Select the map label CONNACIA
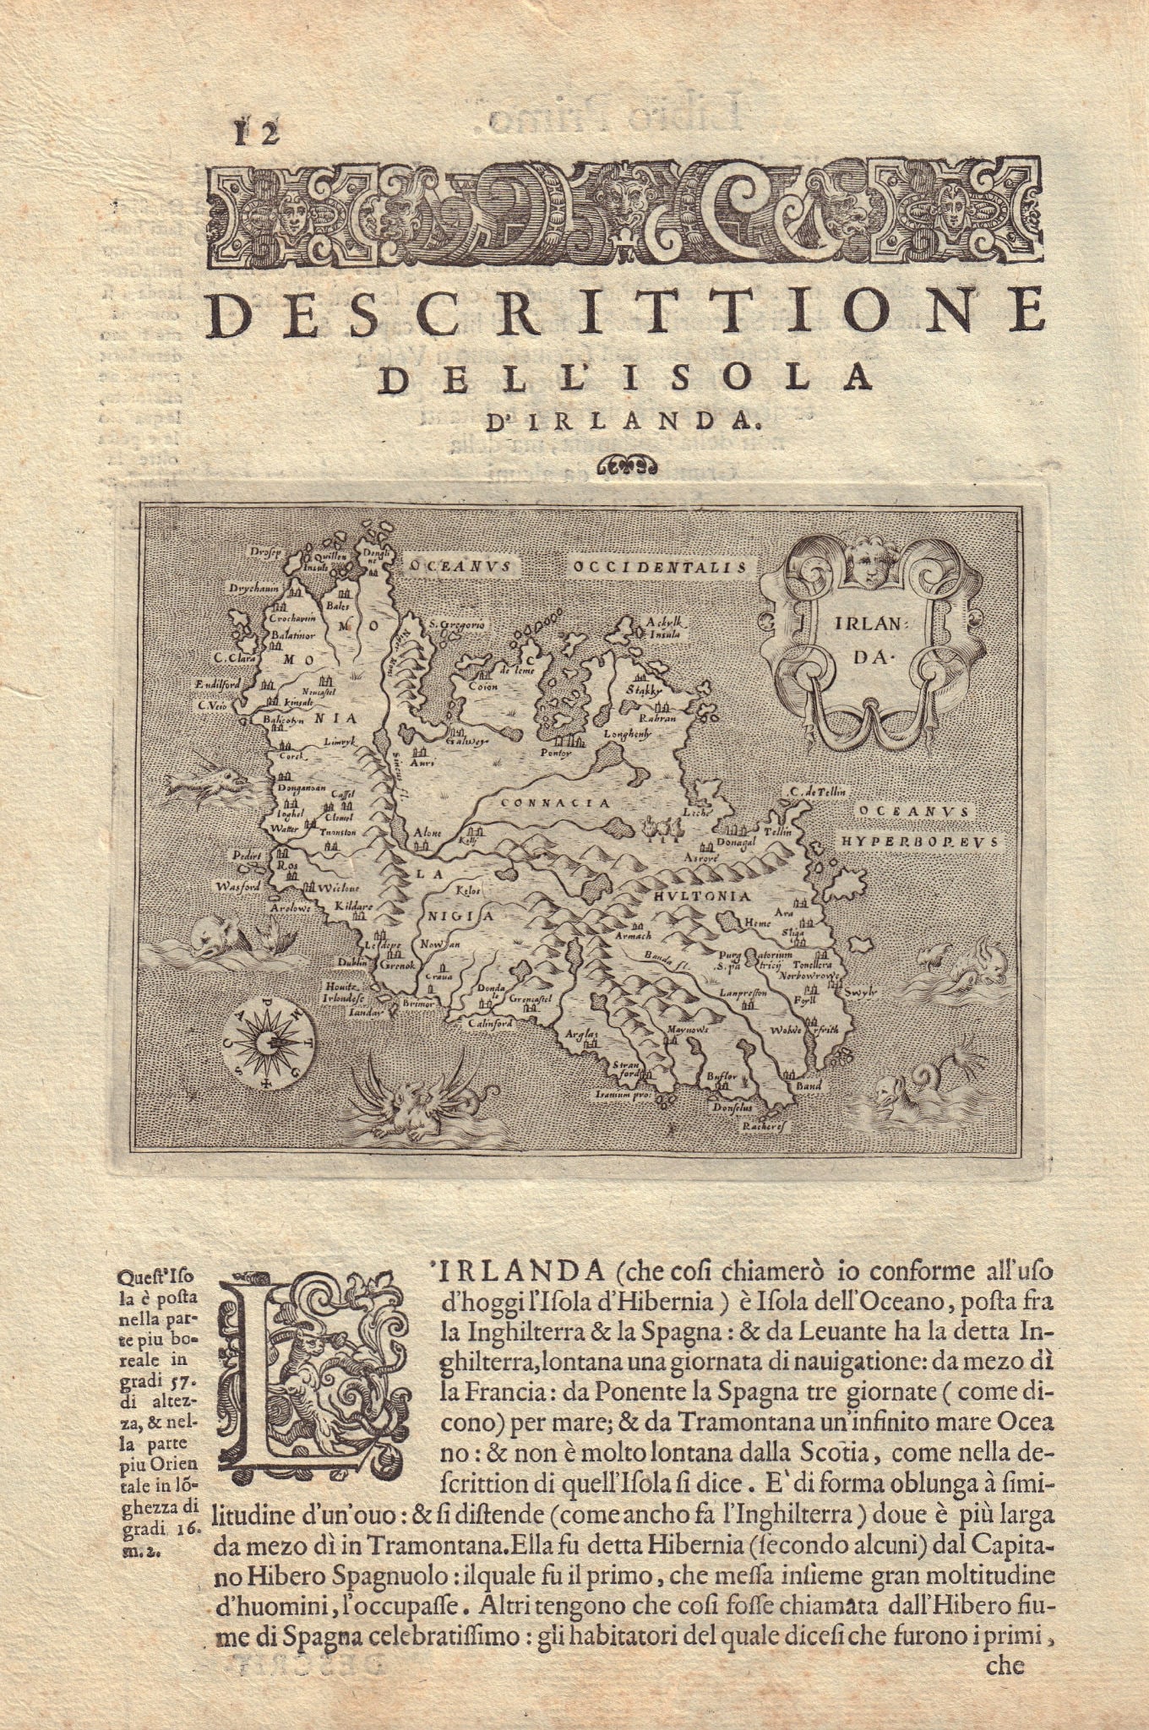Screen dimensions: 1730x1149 pos(555,803)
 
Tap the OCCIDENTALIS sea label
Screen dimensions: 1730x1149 pos(661,568)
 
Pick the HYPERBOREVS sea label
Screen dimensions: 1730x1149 pos(919,841)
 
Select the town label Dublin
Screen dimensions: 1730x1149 pos(351,961)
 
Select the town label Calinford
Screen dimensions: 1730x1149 pos(490,1024)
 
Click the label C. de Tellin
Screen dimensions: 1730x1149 pos(819,791)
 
